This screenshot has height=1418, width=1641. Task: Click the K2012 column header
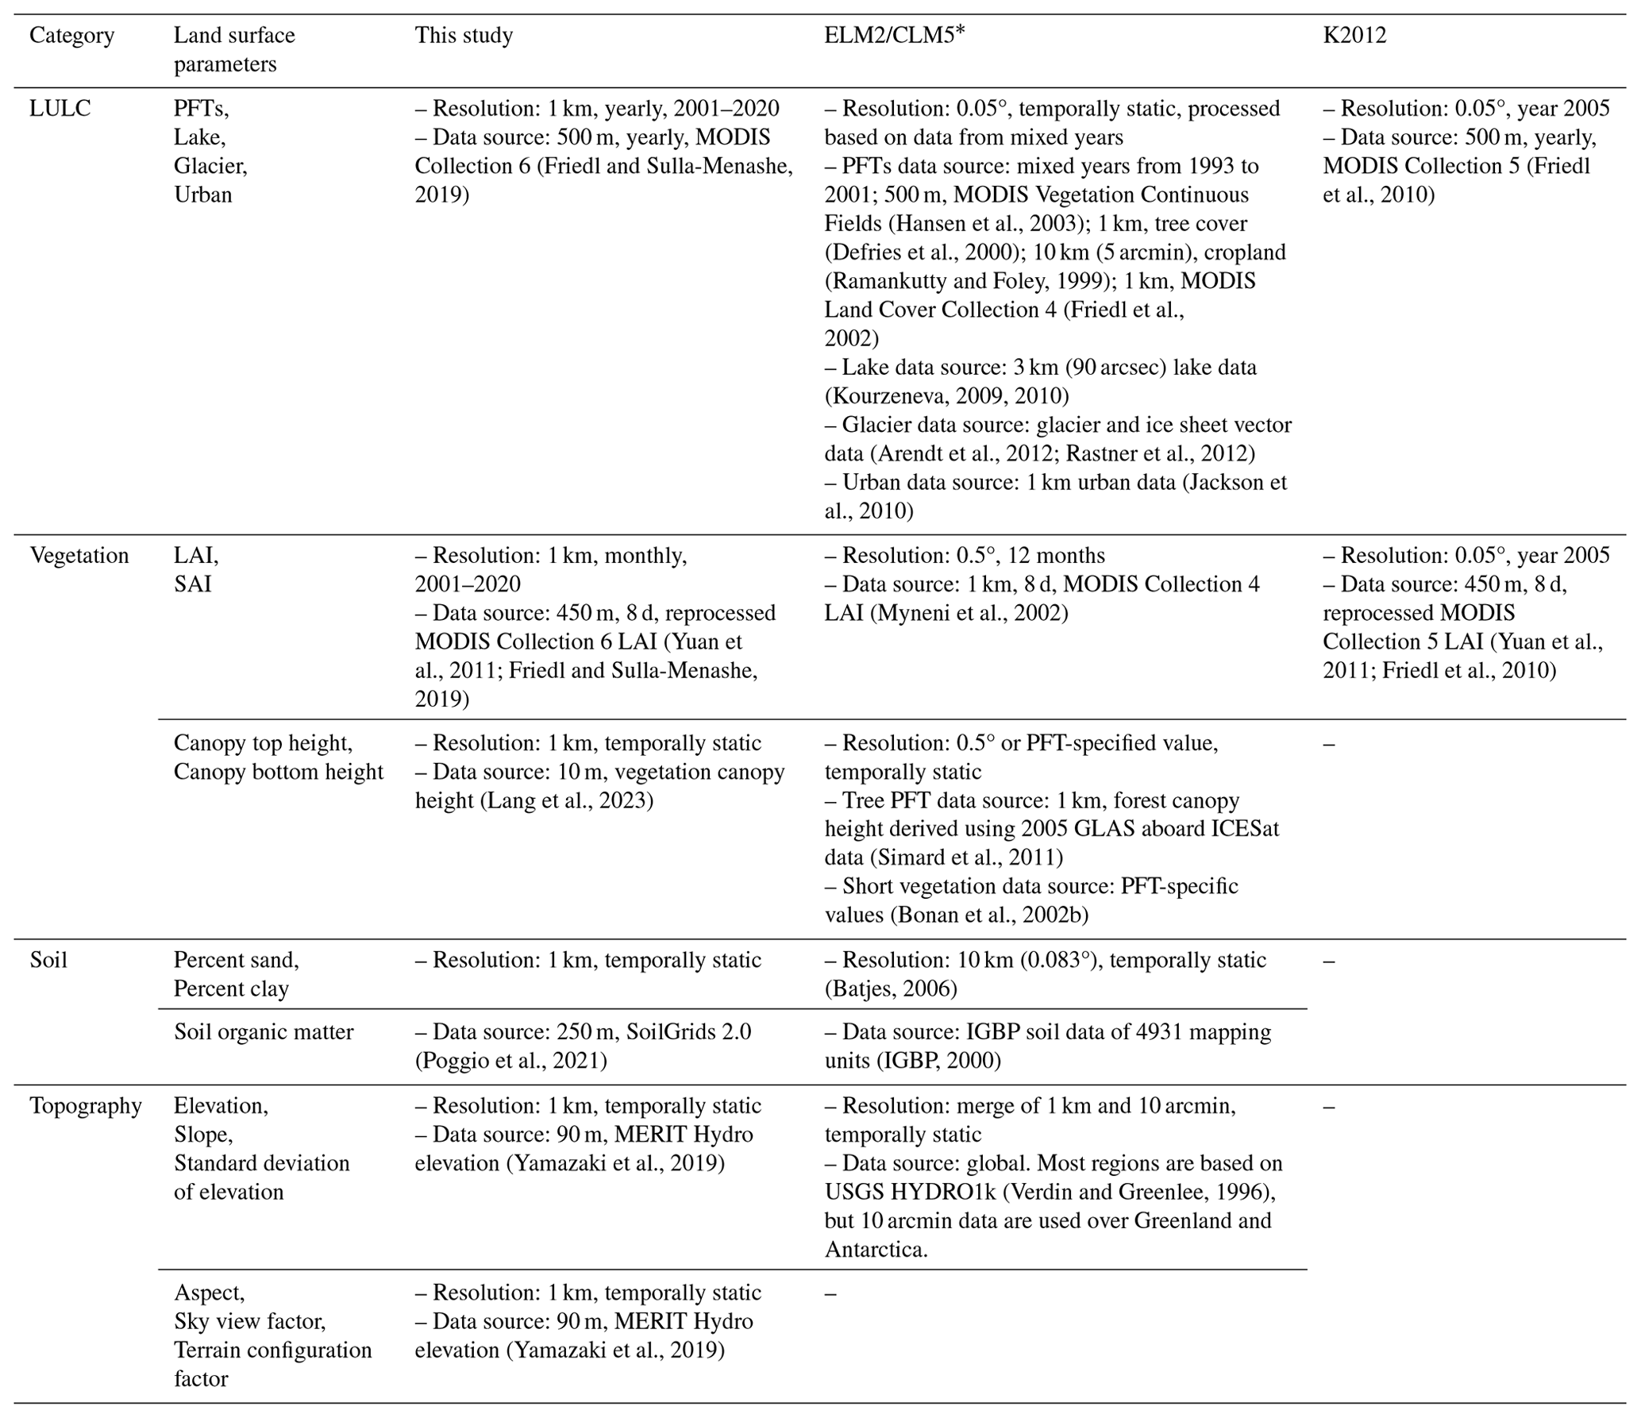pos(1354,36)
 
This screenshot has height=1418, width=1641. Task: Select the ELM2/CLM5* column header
pos(894,36)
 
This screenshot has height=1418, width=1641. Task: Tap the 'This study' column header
pos(464,36)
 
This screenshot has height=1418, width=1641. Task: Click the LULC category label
pos(60,108)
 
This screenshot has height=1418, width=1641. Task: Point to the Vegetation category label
pos(79,555)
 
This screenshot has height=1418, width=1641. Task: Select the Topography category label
pos(86,1105)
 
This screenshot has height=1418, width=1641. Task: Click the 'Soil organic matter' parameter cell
pos(264,1031)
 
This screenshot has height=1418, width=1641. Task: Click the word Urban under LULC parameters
pos(203,195)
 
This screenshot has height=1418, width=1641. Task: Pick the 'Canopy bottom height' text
pos(278,772)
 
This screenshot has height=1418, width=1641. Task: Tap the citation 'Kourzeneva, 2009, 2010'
pos(946,395)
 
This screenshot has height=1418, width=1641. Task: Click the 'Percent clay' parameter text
pos(231,988)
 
